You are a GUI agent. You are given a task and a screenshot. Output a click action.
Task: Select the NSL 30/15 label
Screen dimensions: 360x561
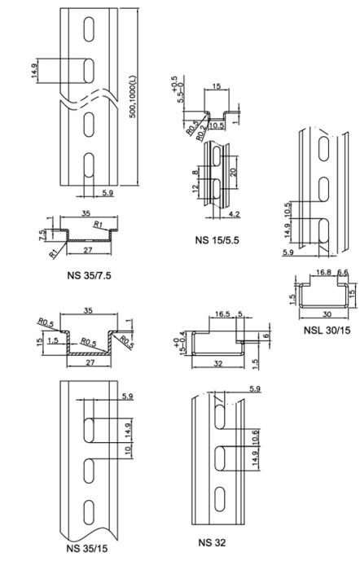pos(327,330)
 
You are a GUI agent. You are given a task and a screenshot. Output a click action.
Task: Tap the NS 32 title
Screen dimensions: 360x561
pos(212,543)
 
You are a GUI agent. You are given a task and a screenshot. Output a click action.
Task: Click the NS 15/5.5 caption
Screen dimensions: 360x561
pos(217,239)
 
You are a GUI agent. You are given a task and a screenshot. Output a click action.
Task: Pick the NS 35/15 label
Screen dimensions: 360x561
pos(87,549)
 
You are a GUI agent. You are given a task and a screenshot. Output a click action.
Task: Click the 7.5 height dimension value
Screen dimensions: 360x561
pos(42,234)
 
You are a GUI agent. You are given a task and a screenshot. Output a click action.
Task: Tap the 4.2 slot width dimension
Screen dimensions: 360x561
pos(234,214)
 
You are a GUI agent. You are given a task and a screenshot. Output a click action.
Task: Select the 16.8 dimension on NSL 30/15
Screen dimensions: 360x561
pos(323,272)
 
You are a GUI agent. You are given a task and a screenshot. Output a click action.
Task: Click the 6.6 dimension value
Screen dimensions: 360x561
pos(342,272)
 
